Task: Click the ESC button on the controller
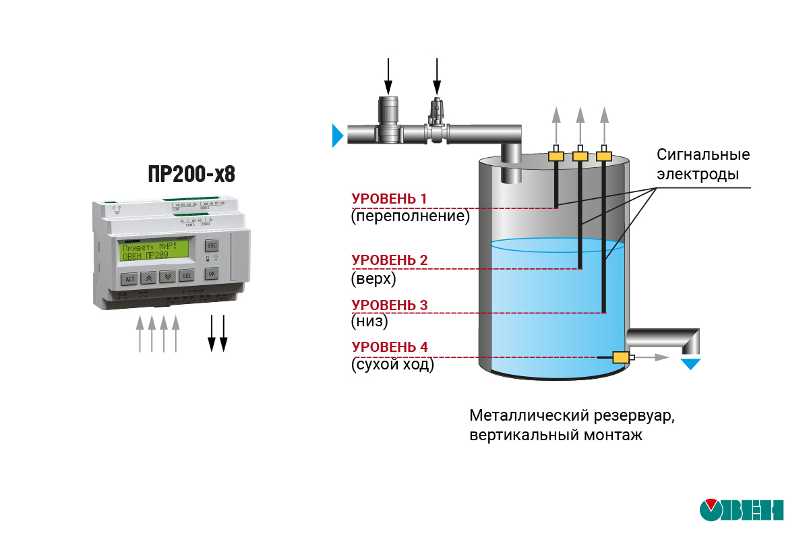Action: [x=212, y=245]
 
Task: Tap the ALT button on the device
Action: [x=129, y=278]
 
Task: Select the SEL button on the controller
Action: [x=186, y=275]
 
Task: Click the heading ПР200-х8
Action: [x=191, y=175]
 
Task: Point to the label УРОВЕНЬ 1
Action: [x=389, y=199]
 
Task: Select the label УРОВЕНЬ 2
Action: [x=389, y=260]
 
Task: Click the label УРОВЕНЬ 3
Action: [x=389, y=305]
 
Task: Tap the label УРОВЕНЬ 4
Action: [x=389, y=347]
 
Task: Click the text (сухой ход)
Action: [x=392, y=365]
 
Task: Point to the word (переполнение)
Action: [x=410, y=216]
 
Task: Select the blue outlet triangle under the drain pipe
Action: [x=690, y=364]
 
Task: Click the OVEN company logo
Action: [x=741, y=510]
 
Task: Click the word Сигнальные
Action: [x=703, y=154]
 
